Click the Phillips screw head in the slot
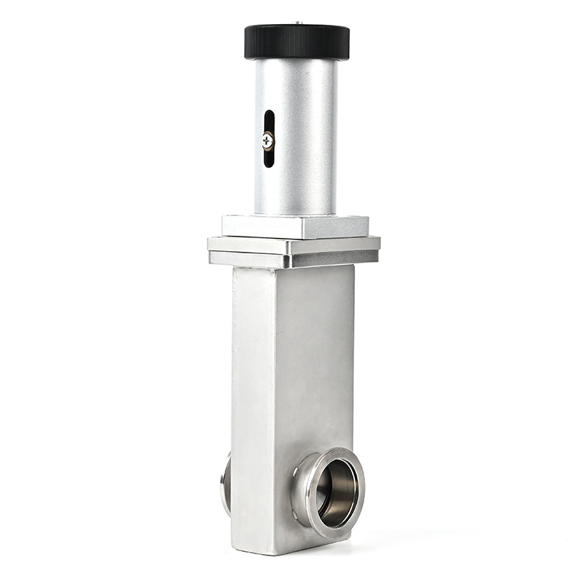(x=268, y=139)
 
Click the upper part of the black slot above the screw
(x=269, y=120)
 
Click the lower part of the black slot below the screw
(x=269, y=157)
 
